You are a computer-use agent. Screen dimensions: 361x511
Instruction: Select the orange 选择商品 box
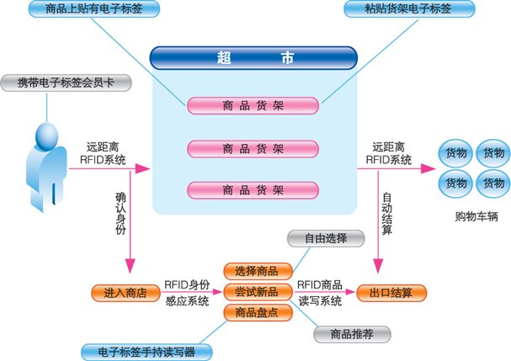point(258,272)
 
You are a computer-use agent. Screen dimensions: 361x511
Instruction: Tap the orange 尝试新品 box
point(258,292)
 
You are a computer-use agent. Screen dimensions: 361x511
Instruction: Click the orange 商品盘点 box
point(258,313)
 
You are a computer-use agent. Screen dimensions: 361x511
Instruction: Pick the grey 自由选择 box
point(323,236)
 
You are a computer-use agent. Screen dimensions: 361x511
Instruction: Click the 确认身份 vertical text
point(120,215)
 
